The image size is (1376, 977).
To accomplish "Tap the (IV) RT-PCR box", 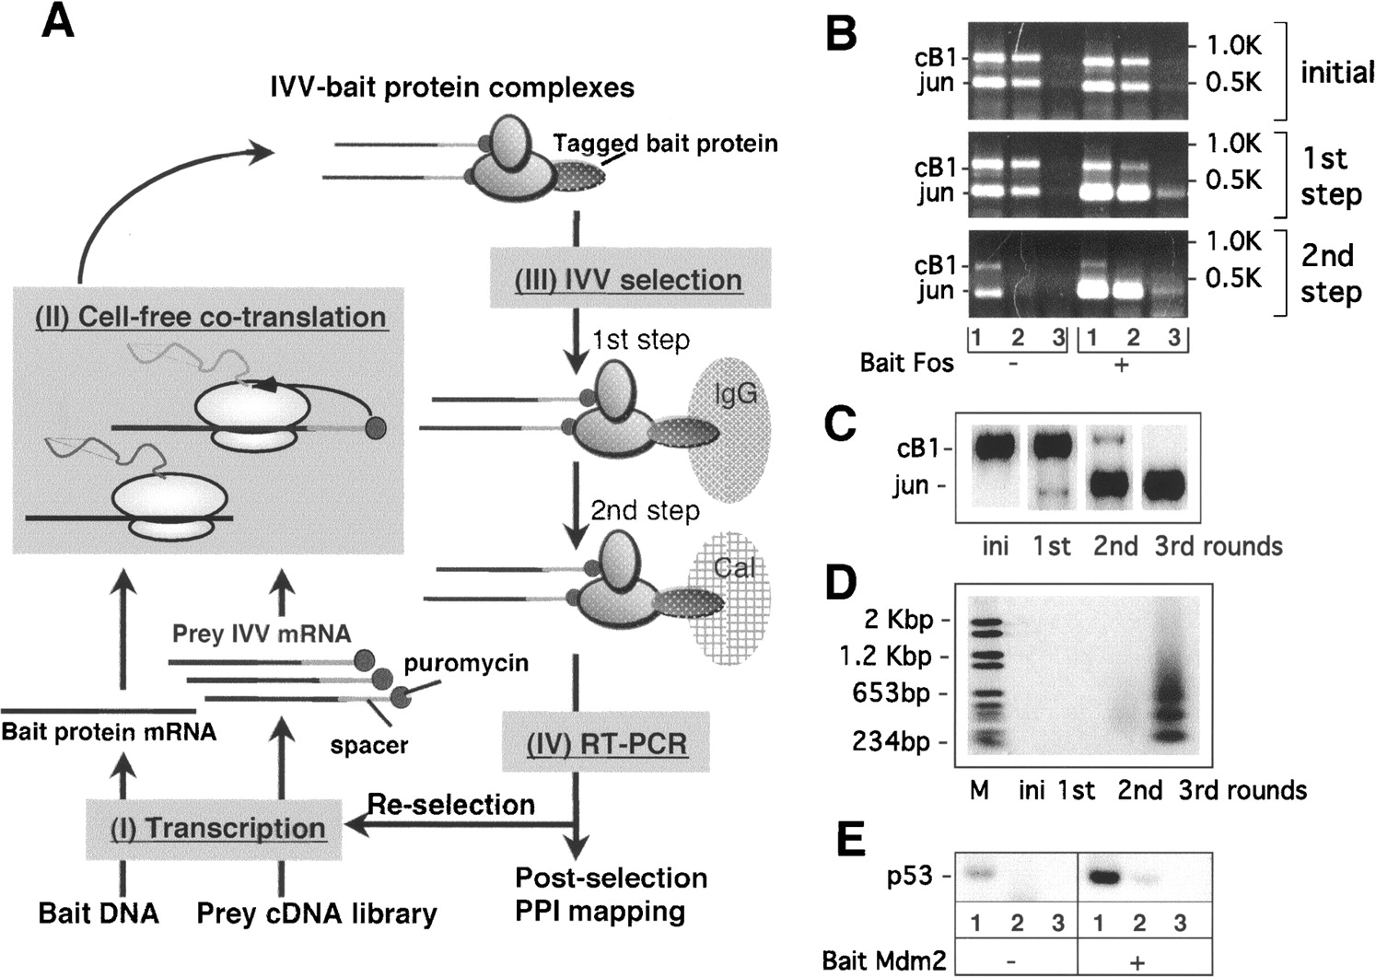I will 606,742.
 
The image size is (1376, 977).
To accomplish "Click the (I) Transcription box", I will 217,827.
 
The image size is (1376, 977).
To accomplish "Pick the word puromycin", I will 466,662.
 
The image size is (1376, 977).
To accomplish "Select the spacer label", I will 368,744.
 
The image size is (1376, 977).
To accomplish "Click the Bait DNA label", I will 99,913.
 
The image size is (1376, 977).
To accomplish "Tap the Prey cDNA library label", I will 317,913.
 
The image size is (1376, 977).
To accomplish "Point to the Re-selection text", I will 451,804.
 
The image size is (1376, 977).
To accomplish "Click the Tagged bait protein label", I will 665,144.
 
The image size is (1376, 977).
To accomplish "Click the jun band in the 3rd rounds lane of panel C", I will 1172,484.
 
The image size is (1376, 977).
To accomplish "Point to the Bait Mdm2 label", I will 884,960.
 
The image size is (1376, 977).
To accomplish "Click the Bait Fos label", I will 906,362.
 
